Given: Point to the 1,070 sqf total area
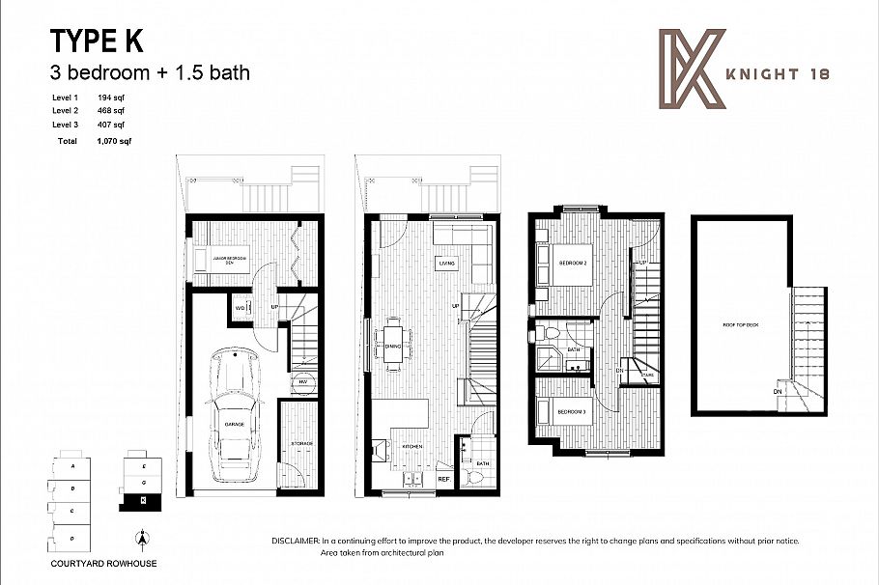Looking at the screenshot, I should (114, 141).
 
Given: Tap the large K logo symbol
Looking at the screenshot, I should (690, 67).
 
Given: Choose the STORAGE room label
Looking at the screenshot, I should (300, 443).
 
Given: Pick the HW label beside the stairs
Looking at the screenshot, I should (302, 382).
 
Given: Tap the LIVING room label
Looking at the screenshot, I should (446, 262).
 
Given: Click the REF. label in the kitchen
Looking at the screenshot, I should (443, 478).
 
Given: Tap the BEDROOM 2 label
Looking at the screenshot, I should (573, 262).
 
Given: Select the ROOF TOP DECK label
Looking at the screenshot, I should (740, 325).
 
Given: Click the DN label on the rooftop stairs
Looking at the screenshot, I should (777, 392).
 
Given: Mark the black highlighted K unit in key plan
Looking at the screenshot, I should (143, 500).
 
